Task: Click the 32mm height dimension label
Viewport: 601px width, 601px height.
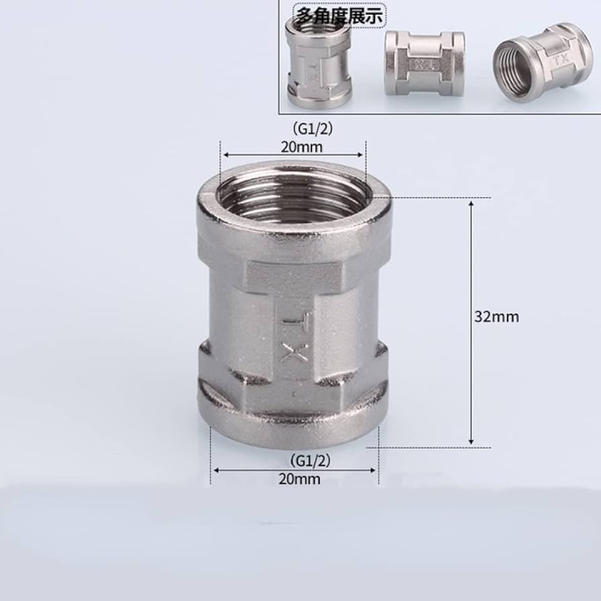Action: tap(497, 317)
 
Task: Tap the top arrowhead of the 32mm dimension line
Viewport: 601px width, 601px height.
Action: tap(471, 201)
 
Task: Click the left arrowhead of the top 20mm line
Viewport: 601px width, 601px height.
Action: tap(224, 153)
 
